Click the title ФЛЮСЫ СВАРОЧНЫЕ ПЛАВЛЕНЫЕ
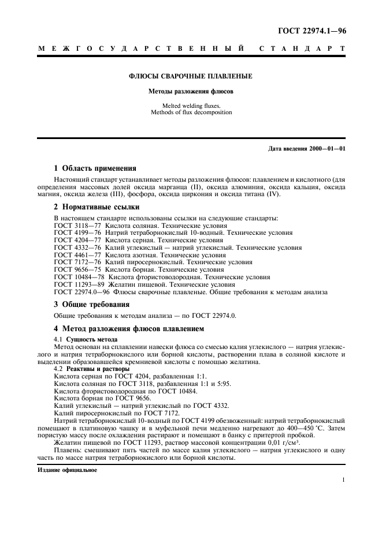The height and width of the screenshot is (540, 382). (x=190, y=76)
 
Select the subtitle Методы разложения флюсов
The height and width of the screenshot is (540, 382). (x=190, y=91)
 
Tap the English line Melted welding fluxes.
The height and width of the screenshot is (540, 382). (x=190, y=105)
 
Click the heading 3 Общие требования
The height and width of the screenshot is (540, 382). (x=91, y=304)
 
